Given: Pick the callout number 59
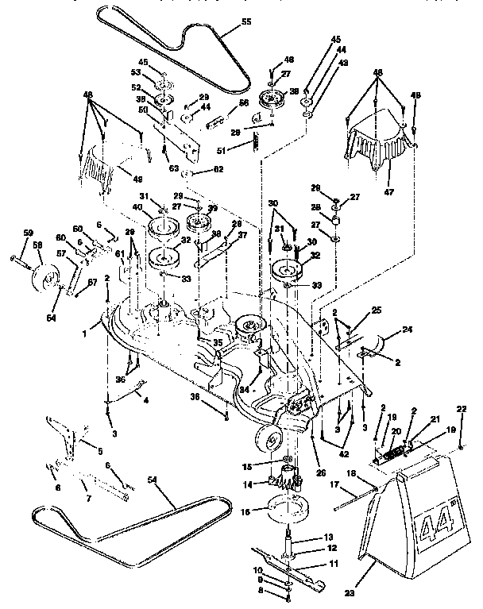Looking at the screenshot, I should tap(29, 233).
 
